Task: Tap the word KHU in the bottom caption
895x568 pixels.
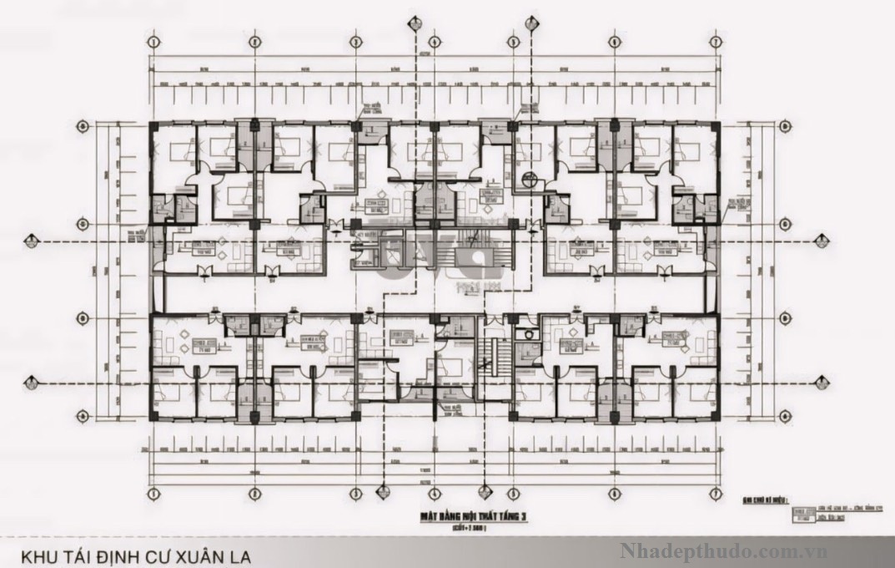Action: click(x=38, y=555)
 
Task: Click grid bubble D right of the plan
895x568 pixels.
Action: click(x=784, y=126)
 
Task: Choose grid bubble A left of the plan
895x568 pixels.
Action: click(x=83, y=381)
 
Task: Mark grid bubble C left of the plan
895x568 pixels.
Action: click(x=83, y=224)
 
